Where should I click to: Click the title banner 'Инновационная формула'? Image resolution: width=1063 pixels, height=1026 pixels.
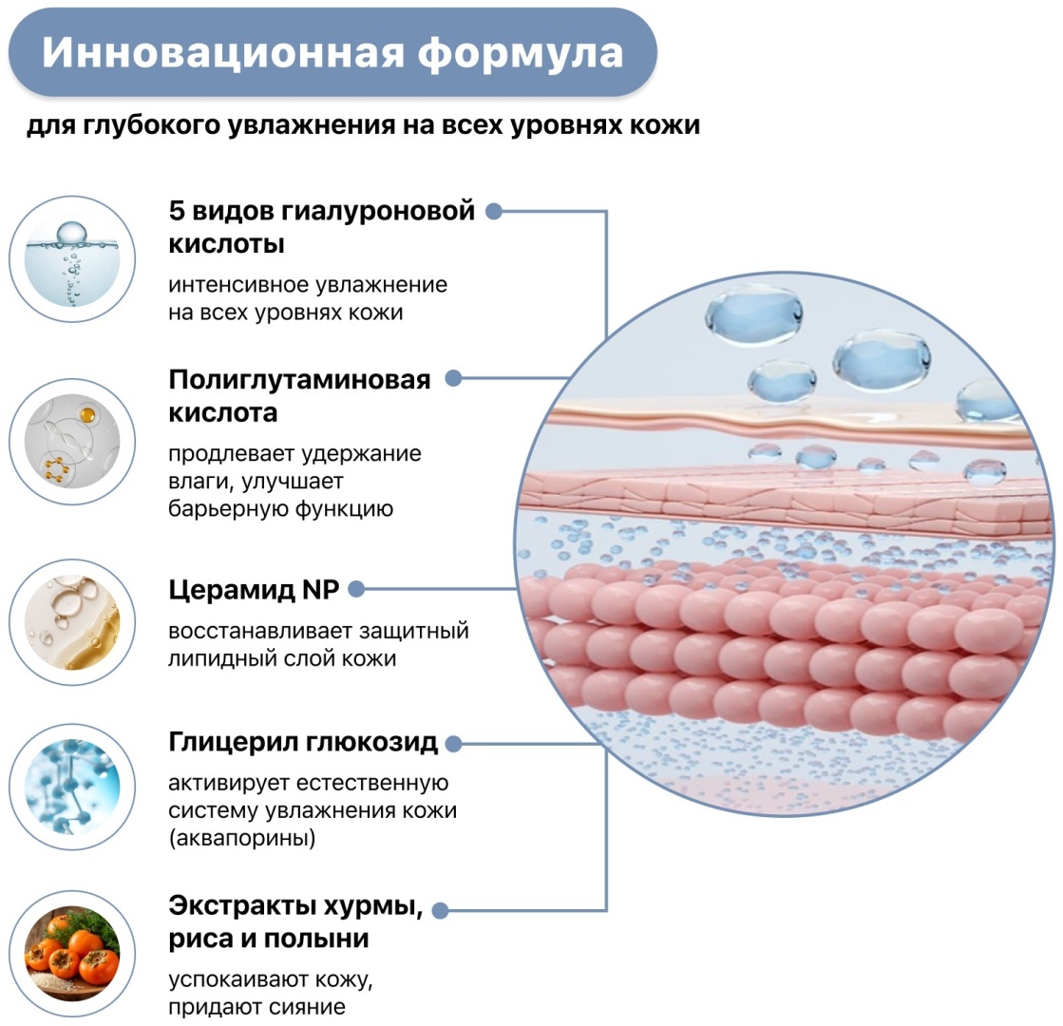tap(332, 52)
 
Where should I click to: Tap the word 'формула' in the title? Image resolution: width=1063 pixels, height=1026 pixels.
tap(520, 53)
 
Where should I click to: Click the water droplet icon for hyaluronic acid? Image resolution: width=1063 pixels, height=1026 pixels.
tap(72, 259)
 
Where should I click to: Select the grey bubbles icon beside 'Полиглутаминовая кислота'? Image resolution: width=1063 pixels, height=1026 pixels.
tap(72, 442)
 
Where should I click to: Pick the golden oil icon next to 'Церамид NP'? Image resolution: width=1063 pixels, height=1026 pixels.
tap(72, 622)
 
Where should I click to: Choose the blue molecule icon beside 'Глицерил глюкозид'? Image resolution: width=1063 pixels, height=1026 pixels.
tap(72, 787)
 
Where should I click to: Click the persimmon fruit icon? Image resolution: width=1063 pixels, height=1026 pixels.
tap(72, 954)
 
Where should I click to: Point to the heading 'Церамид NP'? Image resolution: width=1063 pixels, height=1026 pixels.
tap(254, 590)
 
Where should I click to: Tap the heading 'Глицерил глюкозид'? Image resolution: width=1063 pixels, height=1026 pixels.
tap(303, 743)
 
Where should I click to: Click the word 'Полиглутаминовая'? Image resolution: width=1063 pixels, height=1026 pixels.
tap(299, 380)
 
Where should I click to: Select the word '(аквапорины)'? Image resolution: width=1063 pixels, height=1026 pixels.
tap(242, 838)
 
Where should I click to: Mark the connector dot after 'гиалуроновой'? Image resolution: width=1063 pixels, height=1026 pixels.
tap(494, 212)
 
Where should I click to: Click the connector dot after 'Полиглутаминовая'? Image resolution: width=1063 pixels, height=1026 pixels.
tap(453, 378)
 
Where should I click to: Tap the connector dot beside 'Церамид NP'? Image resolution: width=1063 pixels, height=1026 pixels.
tap(356, 589)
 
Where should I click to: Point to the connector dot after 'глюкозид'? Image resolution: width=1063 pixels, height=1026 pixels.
tap(453, 744)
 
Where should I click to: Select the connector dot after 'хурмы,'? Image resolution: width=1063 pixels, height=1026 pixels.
tap(440, 911)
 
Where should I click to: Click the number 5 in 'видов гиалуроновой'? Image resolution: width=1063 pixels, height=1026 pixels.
tap(177, 211)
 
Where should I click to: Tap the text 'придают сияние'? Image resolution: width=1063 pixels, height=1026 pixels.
tap(256, 1007)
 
